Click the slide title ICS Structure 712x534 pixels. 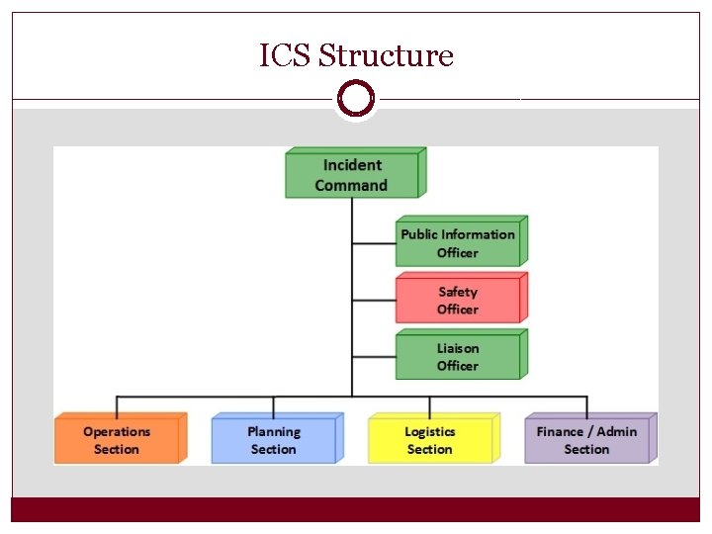pyautogui.click(x=356, y=55)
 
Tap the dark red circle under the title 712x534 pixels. pyautogui.click(x=356, y=99)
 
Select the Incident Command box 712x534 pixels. pyautogui.click(x=352, y=175)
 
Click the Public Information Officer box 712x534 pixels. pyautogui.click(x=458, y=243)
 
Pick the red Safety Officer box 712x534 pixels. pyautogui.click(x=458, y=301)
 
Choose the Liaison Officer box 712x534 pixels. pyautogui.click(x=458, y=357)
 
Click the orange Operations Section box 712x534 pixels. pyautogui.click(x=118, y=440)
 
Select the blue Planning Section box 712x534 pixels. pyautogui.click(x=274, y=440)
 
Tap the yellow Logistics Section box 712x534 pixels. pyautogui.click(x=430, y=440)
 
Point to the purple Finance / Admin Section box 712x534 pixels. pyautogui.click(x=586, y=440)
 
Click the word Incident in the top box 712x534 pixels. pyautogui.click(x=352, y=165)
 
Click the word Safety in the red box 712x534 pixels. pyautogui.click(x=458, y=292)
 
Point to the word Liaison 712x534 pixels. pyautogui.click(x=458, y=348)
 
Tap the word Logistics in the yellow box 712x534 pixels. pyautogui.click(x=430, y=431)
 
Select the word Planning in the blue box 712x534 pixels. pyautogui.click(x=274, y=431)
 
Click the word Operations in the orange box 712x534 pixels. pyautogui.click(x=118, y=431)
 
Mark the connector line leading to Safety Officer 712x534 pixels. pyautogui.click(x=374, y=300)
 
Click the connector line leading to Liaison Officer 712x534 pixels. pyautogui.click(x=374, y=356)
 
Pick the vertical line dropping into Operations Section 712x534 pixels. pyautogui.click(x=118, y=405)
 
